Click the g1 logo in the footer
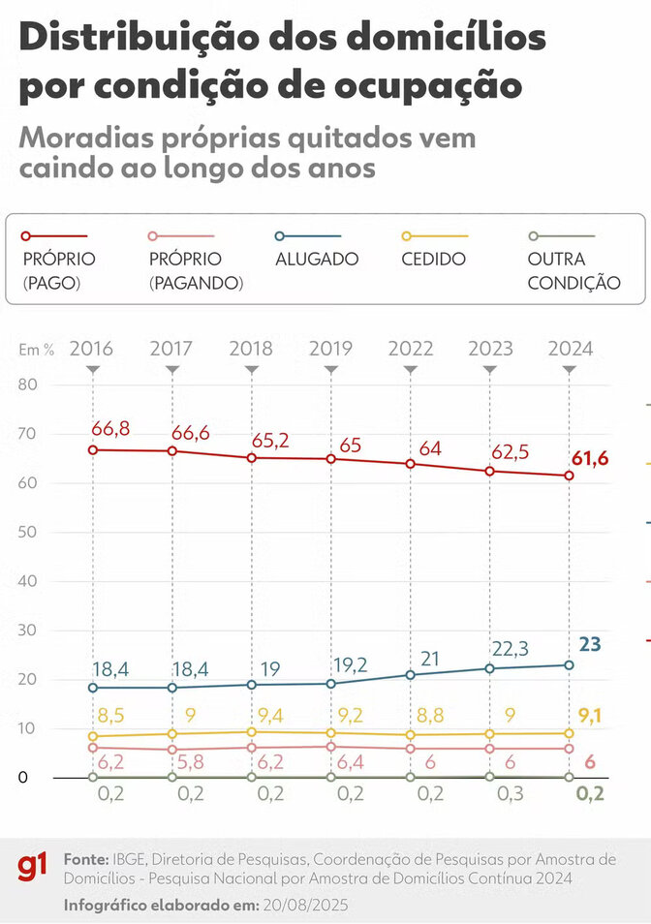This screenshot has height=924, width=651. [x=34, y=869]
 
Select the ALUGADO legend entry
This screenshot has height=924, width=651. [x=317, y=259]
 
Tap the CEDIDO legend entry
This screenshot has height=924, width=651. [x=433, y=259]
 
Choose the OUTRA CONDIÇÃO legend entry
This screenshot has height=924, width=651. [x=573, y=271]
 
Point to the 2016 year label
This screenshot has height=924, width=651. [x=92, y=349]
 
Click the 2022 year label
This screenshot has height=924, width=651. [x=410, y=349]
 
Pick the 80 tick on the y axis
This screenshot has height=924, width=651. [x=27, y=385]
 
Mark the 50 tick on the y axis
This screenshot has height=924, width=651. [x=27, y=533]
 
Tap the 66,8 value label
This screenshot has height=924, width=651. [x=110, y=429]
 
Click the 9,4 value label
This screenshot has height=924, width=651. [x=269, y=716]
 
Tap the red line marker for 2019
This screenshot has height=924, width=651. [x=330, y=458]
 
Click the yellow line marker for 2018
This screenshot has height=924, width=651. [x=251, y=732]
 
